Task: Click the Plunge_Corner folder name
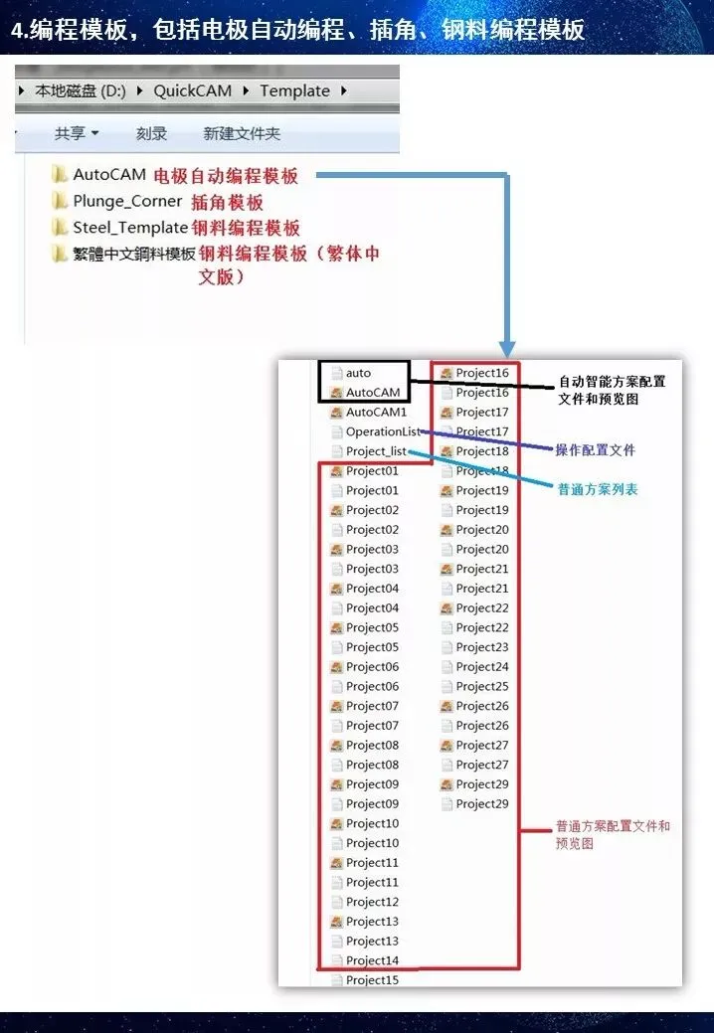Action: point(127,201)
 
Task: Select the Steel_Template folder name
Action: point(130,228)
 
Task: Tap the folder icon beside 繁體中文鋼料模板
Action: point(60,255)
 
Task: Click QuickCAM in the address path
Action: point(192,90)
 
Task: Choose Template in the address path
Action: point(294,90)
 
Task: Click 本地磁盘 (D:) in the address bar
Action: point(81,90)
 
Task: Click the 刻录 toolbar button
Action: point(151,133)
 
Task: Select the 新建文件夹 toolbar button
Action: point(242,133)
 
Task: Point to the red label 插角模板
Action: point(228,202)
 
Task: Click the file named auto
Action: point(358,373)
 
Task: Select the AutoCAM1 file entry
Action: point(376,412)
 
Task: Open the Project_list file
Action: point(377,451)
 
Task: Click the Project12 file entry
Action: point(372,902)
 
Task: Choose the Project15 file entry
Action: point(372,980)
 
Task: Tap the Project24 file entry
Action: point(482,667)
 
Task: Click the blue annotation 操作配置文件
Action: point(595,450)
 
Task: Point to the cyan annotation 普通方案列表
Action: point(598,490)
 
